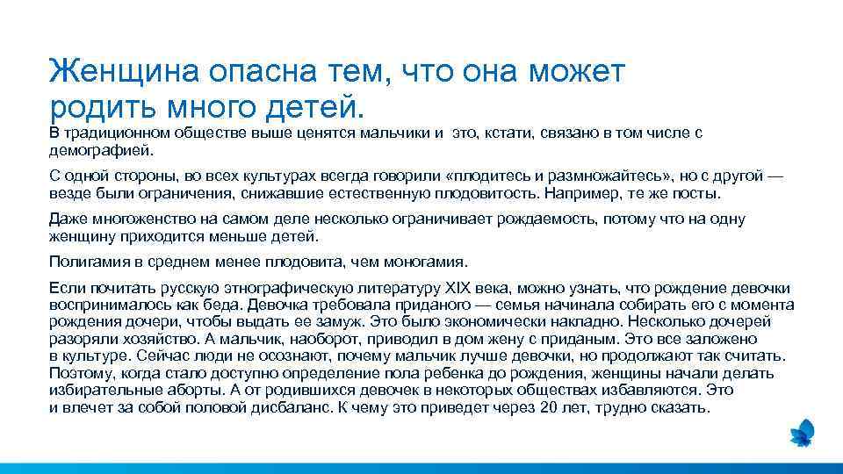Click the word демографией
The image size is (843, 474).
[91, 150]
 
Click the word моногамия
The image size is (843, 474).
[429, 262]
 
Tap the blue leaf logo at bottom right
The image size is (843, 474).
[802, 432]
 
